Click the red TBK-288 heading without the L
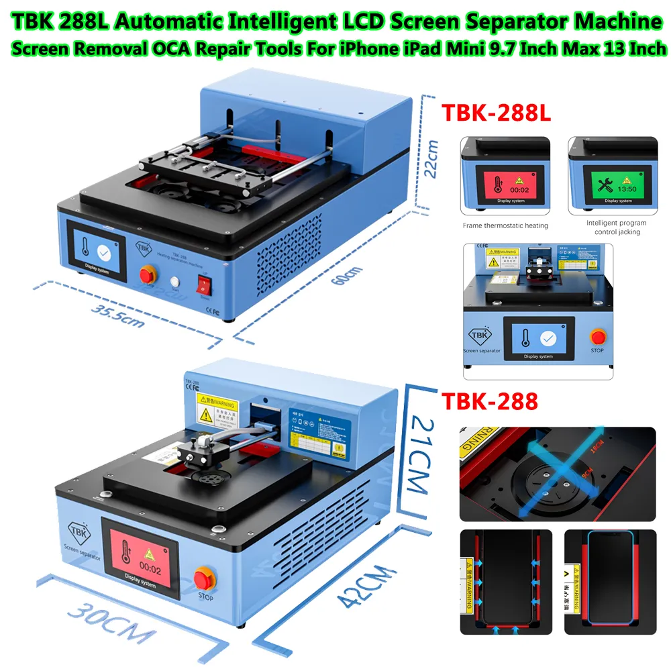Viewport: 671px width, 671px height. [x=489, y=402]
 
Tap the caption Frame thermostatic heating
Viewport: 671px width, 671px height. [x=505, y=225]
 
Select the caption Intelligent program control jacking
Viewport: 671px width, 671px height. [x=617, y=227]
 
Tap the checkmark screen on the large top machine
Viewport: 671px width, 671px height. [x=101, y=252]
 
